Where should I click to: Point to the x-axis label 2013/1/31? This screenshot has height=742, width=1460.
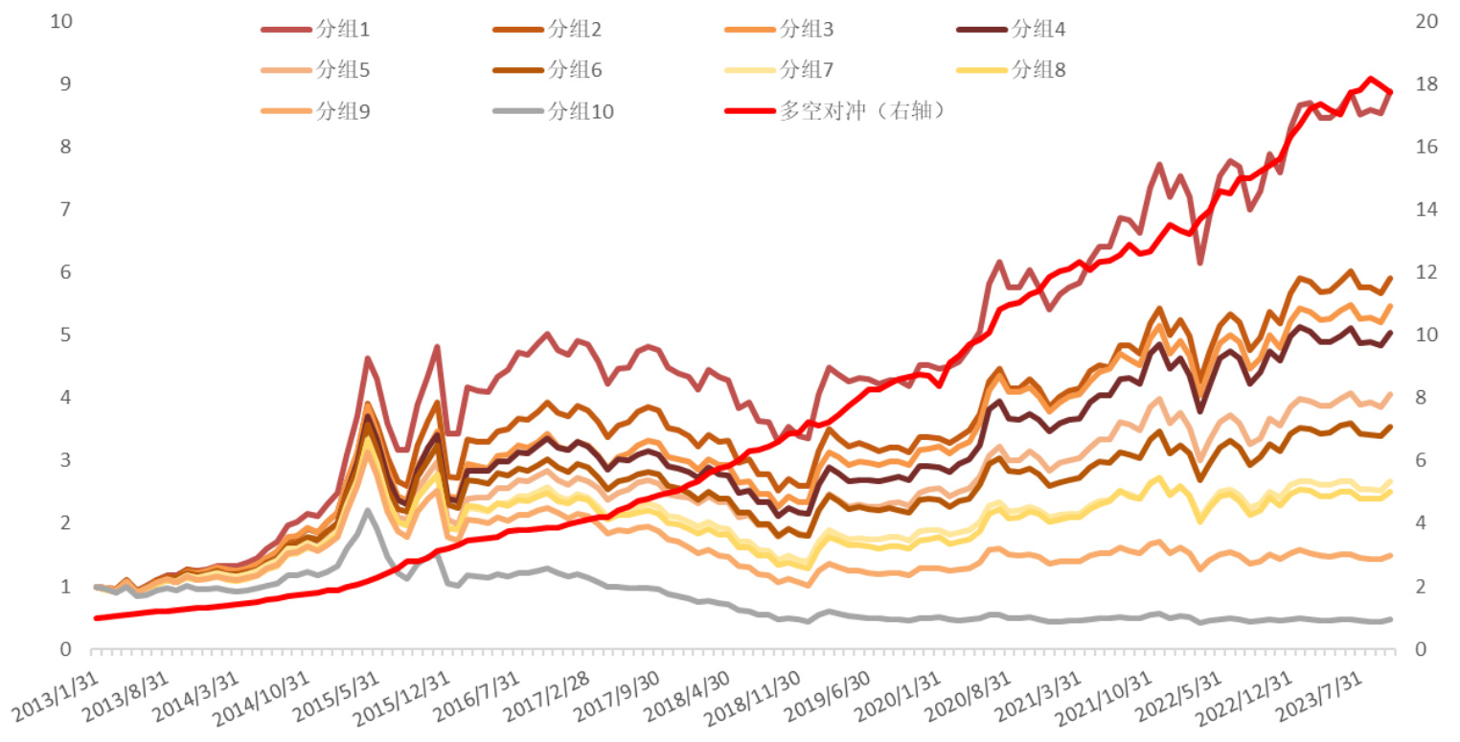[56, 698]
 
